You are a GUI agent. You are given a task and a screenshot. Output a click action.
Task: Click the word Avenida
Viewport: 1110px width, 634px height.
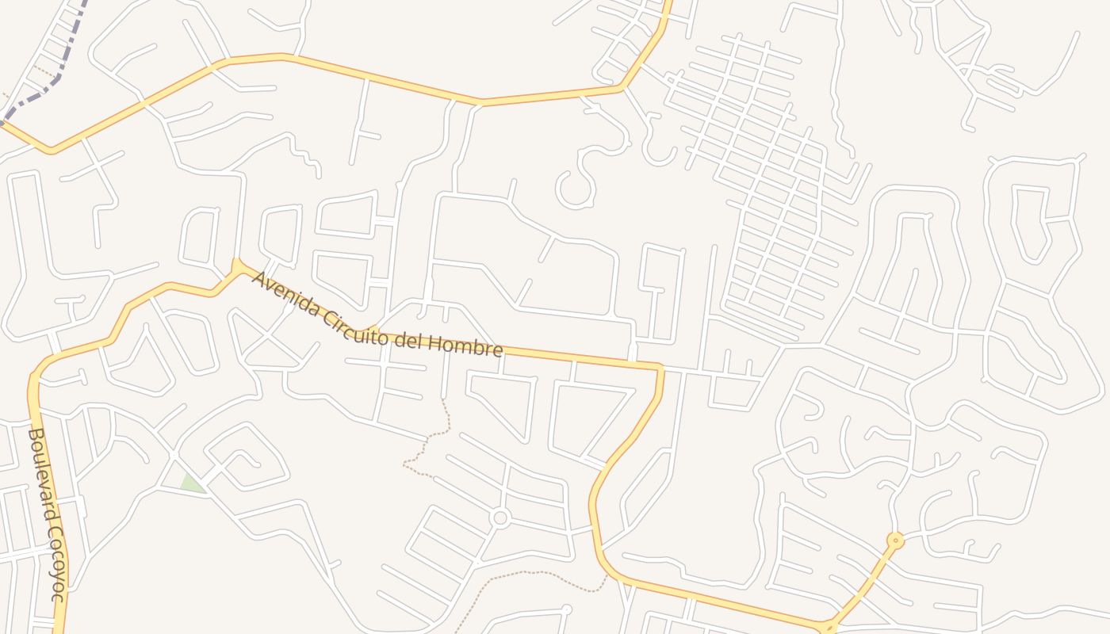283,295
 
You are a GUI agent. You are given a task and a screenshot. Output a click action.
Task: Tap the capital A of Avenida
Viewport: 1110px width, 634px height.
258,279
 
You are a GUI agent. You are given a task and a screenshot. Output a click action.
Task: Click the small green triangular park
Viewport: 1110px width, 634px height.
190,484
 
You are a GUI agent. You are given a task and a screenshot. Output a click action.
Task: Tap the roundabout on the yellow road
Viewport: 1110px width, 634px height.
895,541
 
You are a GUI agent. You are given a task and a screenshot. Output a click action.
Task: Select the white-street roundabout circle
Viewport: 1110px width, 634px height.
499,518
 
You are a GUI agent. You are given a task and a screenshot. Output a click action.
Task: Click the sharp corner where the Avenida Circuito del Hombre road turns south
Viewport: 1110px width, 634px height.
660,367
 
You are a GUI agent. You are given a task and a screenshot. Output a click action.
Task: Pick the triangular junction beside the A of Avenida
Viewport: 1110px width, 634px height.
236,265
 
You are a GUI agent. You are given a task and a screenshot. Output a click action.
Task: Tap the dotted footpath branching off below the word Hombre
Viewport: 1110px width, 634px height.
432,436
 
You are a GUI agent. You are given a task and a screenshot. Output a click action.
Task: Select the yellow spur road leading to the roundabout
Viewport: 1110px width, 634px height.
864,582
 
